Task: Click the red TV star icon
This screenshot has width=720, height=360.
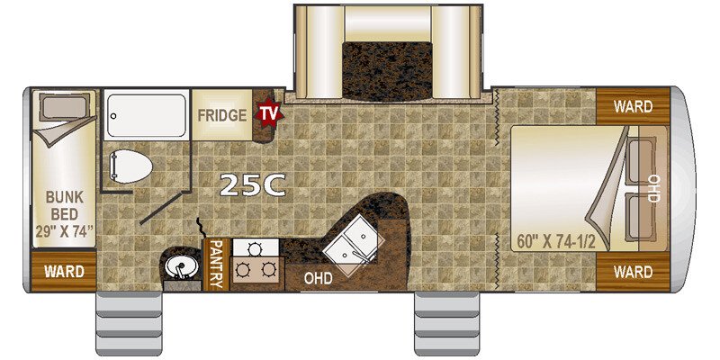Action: pyautogui.click(x=267, y=113)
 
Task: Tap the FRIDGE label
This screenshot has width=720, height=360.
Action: pyautogui.click(x=222, y=115)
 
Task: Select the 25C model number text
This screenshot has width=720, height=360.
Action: pyautogui.click(x=253, y=185)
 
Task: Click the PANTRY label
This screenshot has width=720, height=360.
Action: pyautogui.click(x=215, y=264)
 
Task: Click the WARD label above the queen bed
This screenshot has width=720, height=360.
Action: pyautogui.click(x=634, y=106)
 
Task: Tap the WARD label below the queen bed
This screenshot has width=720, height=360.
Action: pyautogui.click(x=634, y=271)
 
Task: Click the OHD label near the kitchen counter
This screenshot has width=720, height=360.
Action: pyautogui.click(x=318, y=278)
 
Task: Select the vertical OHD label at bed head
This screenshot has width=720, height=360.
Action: pyautogui.click(x=654, y=189)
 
